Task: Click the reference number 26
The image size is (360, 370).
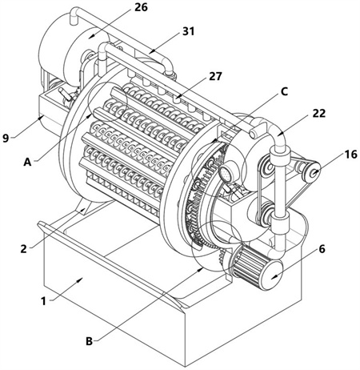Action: pos(141,7)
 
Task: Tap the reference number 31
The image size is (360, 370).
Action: pos(188,31)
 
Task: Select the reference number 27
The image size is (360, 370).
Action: pos(215,76)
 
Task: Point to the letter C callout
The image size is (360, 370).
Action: pos(284,91)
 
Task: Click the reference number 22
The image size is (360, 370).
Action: pos(319,114)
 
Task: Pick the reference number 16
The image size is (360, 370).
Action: pos(350,154)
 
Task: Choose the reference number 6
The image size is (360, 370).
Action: pos(322,249)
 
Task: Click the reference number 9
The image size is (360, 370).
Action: pos(6,138)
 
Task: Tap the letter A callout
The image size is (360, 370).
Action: pos(27,162)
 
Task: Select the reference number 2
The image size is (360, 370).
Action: pos(23,249)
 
